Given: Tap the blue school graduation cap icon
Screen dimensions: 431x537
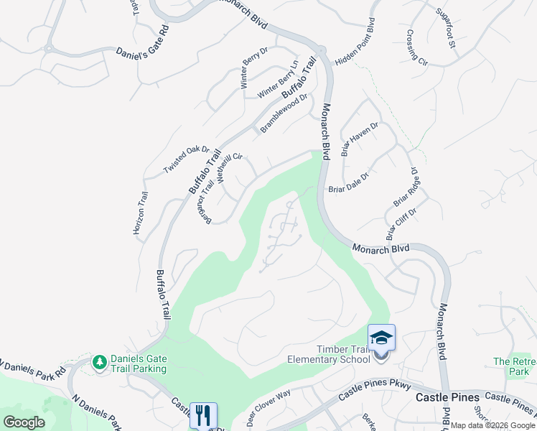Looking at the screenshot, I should coord(381,337).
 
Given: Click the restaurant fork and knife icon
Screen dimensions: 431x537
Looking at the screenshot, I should coord(203,415).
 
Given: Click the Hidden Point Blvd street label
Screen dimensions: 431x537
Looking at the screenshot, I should coord(356,44).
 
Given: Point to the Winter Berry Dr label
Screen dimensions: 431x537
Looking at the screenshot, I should coord(254,68).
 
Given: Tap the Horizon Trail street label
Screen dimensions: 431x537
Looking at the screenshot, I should coord(140,213).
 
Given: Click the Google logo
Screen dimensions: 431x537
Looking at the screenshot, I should coord(23,422).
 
